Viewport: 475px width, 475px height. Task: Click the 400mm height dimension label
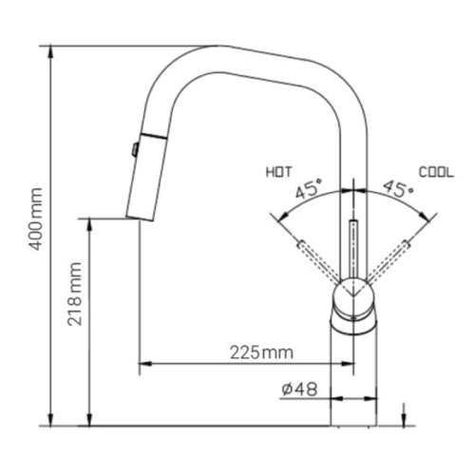pyautogui.click(x=35, y=218)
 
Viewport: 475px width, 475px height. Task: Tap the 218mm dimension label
pyautogui.click(x=75, y=294)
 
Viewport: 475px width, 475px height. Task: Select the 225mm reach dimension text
pyautogui.click(x=261, y=352)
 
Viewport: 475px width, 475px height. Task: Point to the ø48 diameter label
pyautogui.click(x=299, y=389)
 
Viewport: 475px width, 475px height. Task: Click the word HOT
pyautogui.click(x=278, y=172)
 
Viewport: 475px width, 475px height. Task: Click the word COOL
pyautogui.click(x=436, y=172)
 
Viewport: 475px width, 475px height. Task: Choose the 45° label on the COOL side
pyautogui.click(x=398, y=189)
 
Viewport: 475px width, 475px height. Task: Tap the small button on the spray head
pyautogui.click(x=135, y=149)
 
